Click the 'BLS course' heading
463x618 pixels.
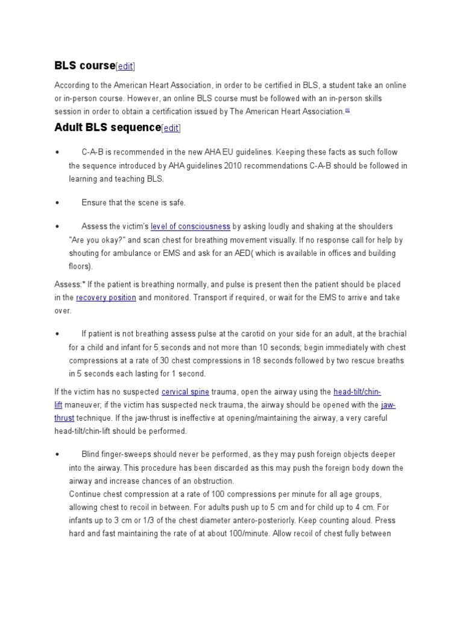coord(84,65)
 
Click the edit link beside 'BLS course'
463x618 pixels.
coord(125,66)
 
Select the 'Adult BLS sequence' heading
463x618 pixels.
coord(107,127)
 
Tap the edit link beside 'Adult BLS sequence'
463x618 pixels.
coord(171,128)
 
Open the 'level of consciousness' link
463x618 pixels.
coord(190,226)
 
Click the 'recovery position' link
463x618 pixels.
coord(106,298)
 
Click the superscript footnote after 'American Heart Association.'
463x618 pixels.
coord(347,110)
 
